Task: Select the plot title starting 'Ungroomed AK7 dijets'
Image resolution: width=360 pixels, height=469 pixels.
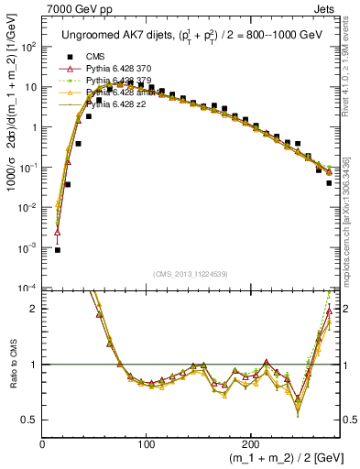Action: tap(191, 34)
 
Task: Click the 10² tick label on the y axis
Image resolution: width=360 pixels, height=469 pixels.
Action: tap(29, 47)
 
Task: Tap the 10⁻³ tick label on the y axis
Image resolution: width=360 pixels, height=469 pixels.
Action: tap(29, 248)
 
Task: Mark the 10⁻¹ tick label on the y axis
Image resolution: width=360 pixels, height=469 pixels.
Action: tap(29, 168)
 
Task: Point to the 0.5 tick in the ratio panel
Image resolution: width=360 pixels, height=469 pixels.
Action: tap(30, 420)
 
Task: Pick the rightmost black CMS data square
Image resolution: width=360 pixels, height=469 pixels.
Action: tap(329, 183)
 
